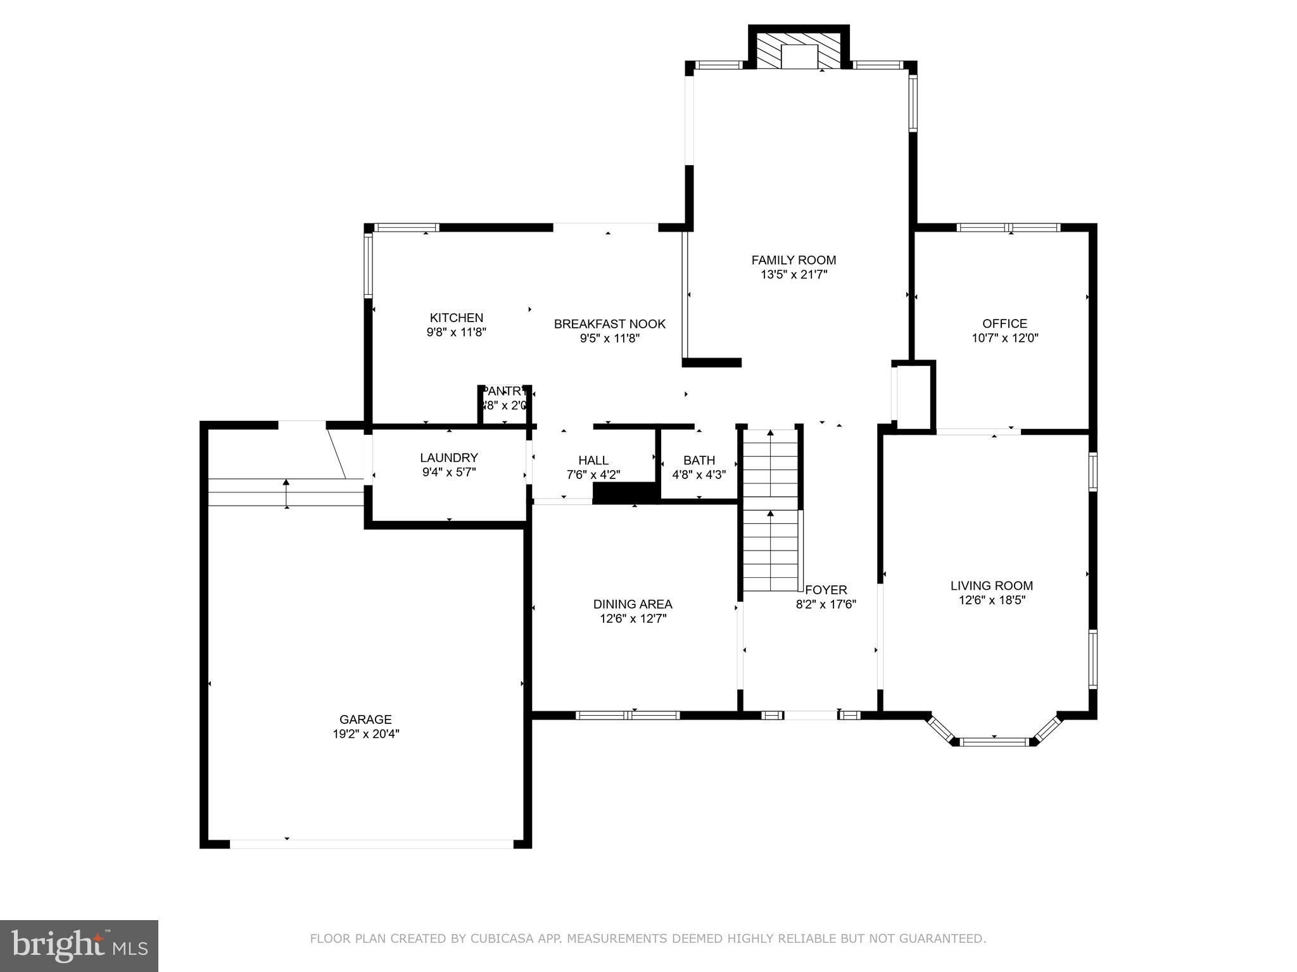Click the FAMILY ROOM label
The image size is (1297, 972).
794,260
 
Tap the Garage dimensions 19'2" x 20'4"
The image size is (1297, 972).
366,734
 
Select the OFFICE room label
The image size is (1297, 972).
1004,323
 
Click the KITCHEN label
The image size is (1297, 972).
456,318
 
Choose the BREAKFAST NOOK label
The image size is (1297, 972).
609,324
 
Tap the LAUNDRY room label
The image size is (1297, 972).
448,458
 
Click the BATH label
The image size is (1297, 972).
699,460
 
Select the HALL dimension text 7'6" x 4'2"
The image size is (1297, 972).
593,475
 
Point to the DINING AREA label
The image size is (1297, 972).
632,604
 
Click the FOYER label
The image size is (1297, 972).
826,590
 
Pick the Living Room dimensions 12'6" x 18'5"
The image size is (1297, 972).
991,600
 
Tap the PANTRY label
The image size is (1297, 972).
504,391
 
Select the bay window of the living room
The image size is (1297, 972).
994,741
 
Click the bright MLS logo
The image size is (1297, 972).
79,945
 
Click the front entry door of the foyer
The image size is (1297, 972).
810,715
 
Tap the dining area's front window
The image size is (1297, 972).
627,715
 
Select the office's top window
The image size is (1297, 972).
1008,228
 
